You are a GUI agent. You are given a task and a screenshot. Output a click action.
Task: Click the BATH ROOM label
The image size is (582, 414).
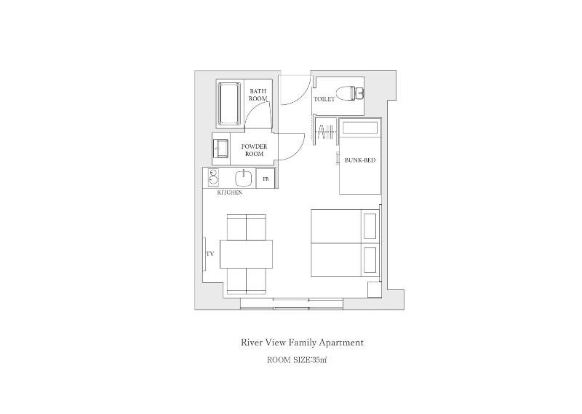tap(258, 95)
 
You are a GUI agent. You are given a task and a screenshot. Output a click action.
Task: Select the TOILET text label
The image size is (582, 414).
tap(324, 99)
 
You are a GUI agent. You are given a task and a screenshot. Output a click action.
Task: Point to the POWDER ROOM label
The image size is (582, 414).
tap(254, 150)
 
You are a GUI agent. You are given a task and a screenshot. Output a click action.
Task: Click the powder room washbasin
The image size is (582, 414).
tap(221, 149)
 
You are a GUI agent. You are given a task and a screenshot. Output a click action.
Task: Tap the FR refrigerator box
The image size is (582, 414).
tap(266, 179)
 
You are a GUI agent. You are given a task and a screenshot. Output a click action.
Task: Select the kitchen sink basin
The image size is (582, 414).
tap(243, 178)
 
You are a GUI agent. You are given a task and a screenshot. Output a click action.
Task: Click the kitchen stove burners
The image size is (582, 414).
tap(213, 177)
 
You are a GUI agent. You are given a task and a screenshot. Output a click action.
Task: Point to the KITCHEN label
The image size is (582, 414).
tap(229, 192)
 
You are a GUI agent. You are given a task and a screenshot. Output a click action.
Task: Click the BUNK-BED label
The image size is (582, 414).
tap(360, 160)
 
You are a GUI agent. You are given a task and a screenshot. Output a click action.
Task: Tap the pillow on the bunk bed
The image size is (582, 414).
tap(360, 128)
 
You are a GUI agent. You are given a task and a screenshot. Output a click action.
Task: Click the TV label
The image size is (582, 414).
tap(210, 254)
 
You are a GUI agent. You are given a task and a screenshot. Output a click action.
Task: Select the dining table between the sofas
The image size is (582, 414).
tap(246, 254)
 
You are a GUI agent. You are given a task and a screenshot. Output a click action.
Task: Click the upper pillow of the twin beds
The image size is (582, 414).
tap(370, 226)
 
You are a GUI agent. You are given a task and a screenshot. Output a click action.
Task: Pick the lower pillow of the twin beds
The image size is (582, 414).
tap(370, 259)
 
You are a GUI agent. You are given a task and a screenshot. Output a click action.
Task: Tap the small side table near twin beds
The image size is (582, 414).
tap(374, 289)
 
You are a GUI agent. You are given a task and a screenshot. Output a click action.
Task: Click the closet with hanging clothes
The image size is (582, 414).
tap(325, 132)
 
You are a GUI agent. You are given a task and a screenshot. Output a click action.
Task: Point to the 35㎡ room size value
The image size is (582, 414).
tap(319, 360)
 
